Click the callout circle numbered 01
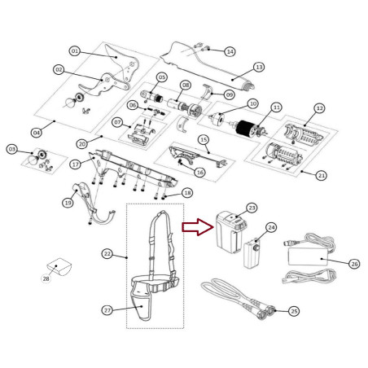tap(75, 51)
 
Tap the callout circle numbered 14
tap(230, 51)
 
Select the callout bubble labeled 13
tap(259, 67)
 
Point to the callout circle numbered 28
tap(46, 278)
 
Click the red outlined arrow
tap(198, 227)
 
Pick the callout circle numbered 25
tap(294, 311)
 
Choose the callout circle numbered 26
tap(354, 264)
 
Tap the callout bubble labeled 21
tap(322, 176)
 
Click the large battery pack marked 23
tap(230, 232)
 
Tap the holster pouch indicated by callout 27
tap(142, 305)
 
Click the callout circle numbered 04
tap(37, 133)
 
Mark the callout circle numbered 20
tap(82, 144)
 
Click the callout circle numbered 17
tap(76, 164)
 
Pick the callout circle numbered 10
tap(253, 103)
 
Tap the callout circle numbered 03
tap(12, 149)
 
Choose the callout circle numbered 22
tap(107, 254)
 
